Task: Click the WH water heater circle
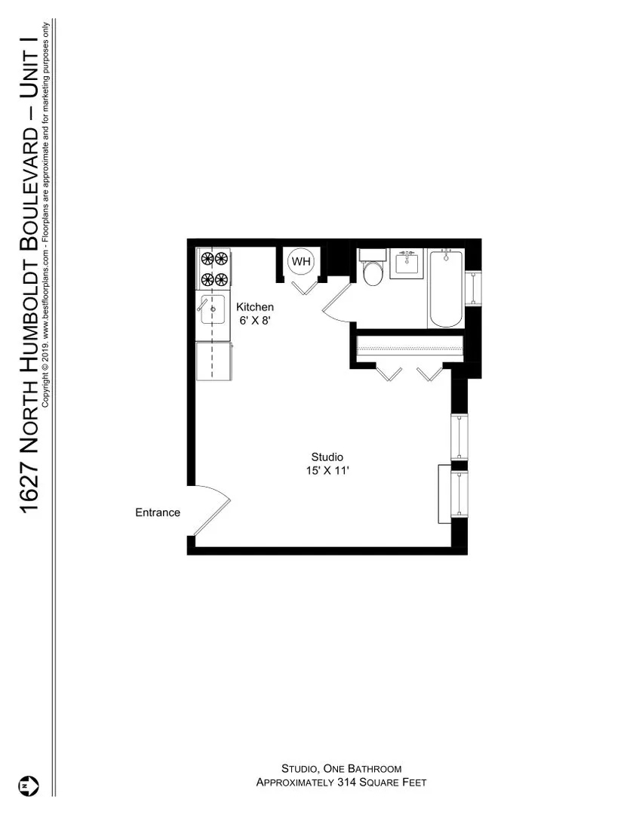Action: [x=301, y=262]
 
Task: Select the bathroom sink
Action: [x=408, y=263]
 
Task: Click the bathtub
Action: [x=446, y=289]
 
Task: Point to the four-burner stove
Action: [x=213, y=269]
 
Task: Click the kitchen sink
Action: [x=212, y=309]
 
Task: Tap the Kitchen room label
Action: [x=255, y=307]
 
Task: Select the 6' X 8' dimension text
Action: [x=255, y=320]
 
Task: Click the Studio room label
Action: [x=327, y=457]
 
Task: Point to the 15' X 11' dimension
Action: [x=327, y=470]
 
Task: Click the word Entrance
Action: [x=158, y=512]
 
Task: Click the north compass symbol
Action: [x=28, y=785]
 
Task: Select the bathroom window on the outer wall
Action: [x=473, y=288]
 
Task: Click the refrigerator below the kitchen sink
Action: [x=213, y=361]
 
